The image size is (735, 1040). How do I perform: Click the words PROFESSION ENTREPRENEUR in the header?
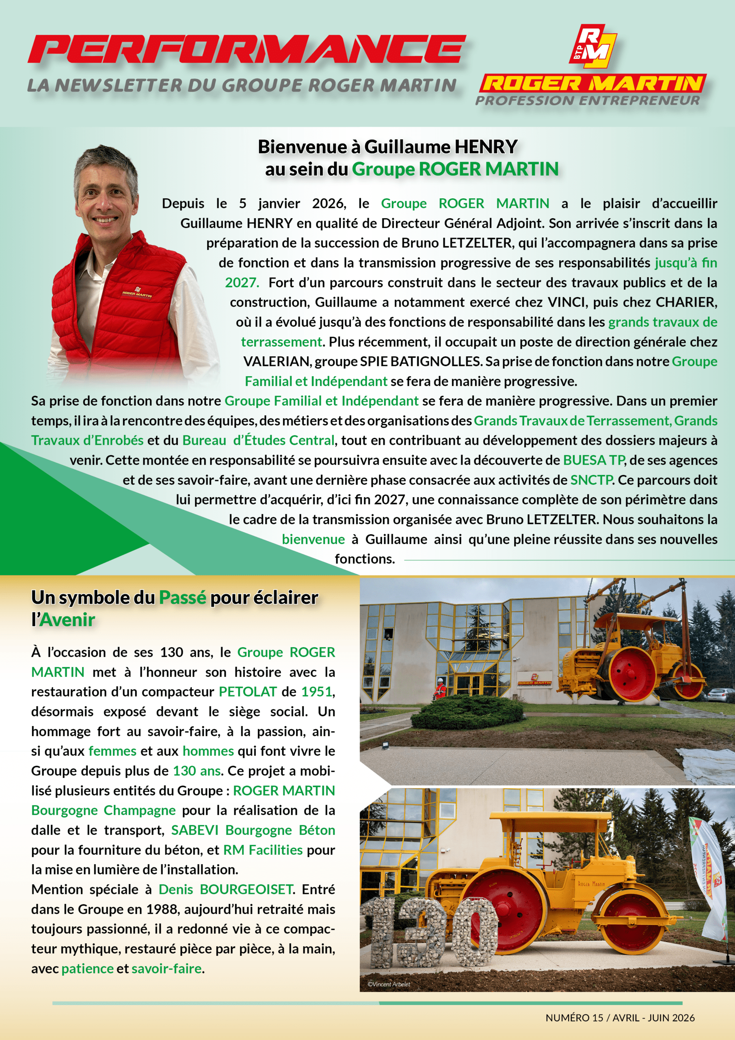point(587,100)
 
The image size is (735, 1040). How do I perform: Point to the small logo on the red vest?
point(137,292)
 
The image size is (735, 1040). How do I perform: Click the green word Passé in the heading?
point(182,598)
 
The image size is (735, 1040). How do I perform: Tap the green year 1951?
point(317,692)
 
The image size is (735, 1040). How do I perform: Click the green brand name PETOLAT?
point(247,692)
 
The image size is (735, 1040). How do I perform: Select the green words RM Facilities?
point(263,850)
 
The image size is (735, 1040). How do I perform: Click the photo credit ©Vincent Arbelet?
point(389,984)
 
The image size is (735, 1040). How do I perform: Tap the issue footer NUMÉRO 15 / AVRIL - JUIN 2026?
point(620,1018)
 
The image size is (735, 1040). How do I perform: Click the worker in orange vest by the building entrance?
point(439,689)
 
